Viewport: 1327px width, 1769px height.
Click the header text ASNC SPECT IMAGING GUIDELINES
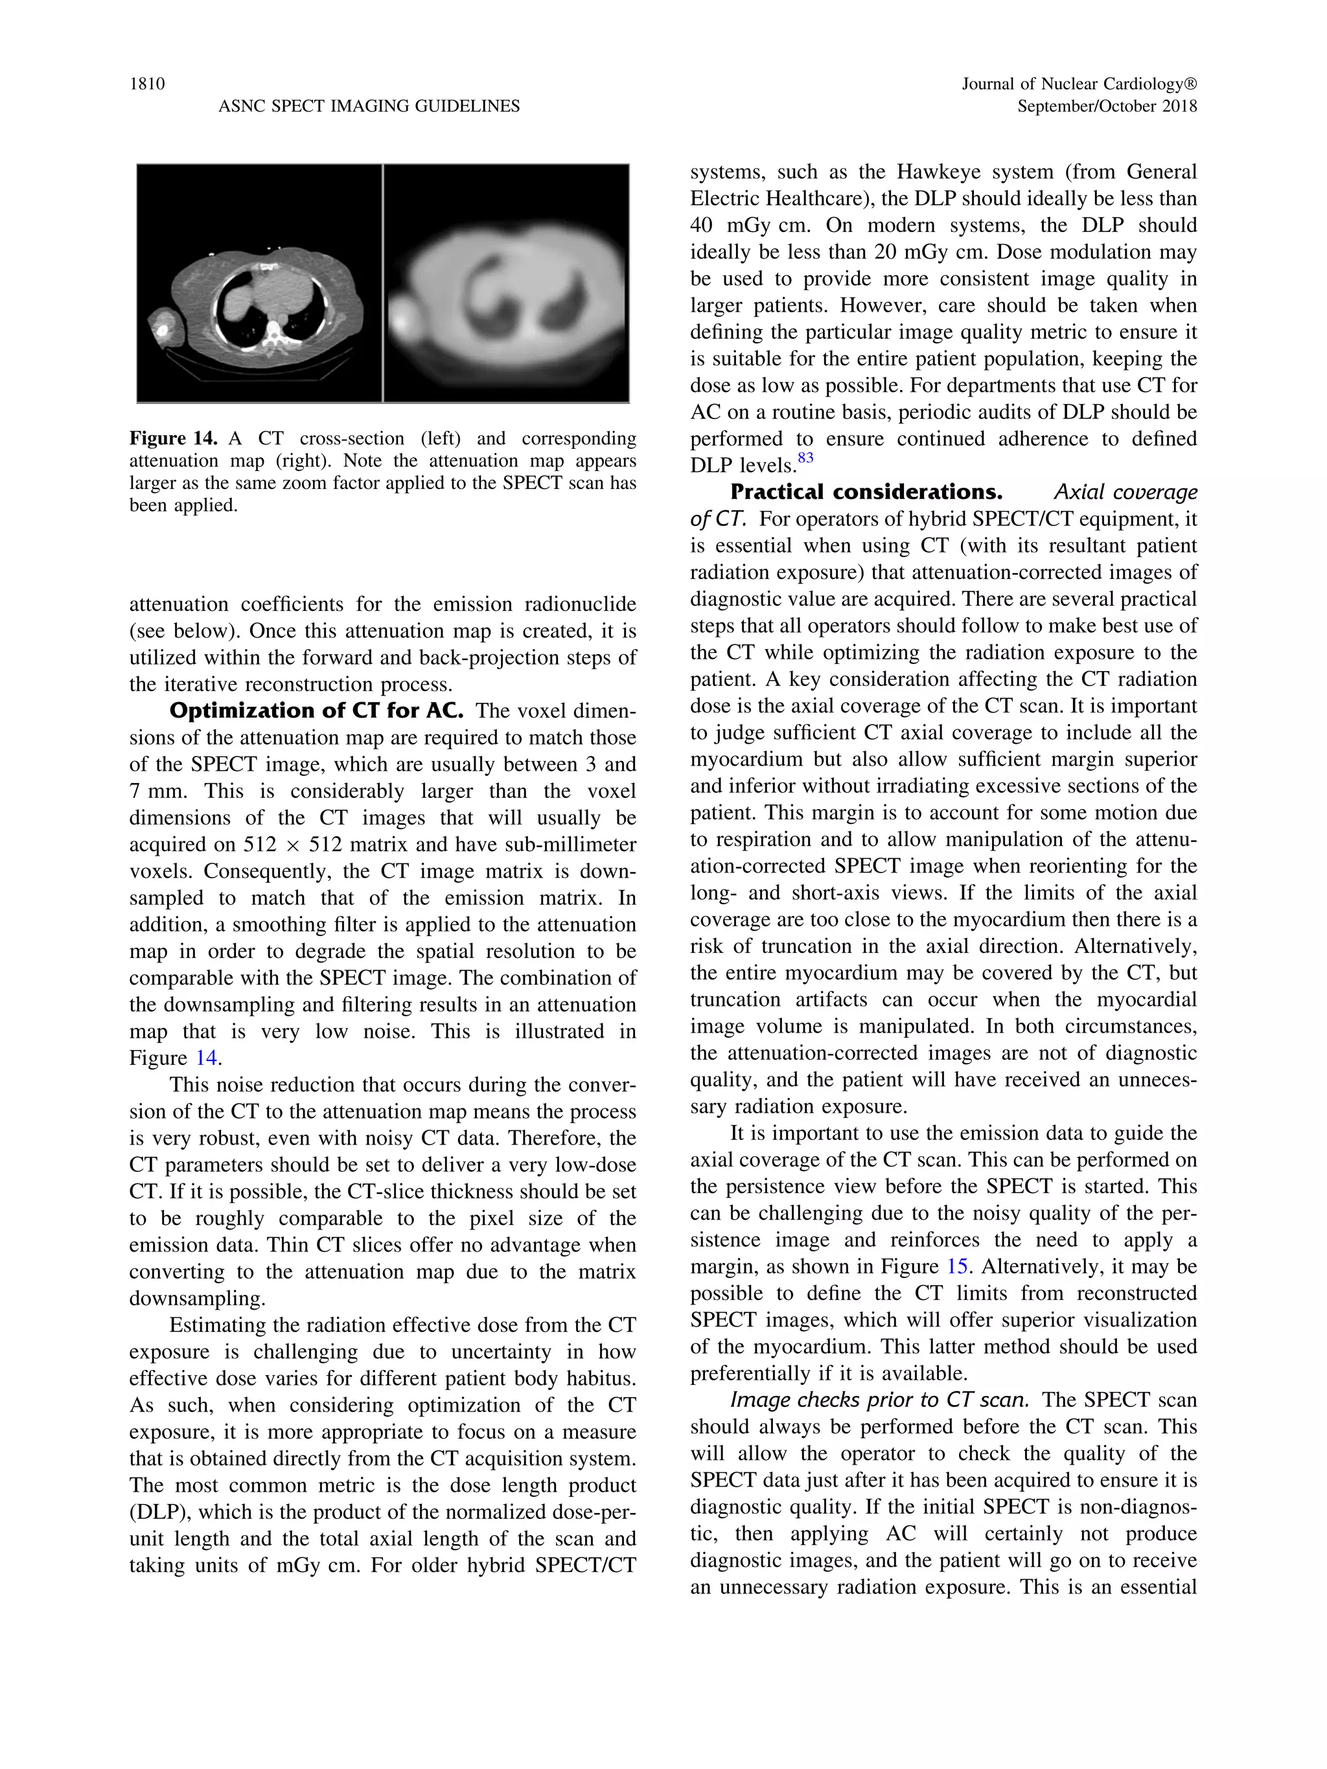pyautogui.click(x=369, y=106)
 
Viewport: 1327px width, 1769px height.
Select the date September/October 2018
pyautogui.click(x=1106, y=106)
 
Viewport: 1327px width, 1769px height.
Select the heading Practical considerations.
pyautogui.click(x=866, y=492)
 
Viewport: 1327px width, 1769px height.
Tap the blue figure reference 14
pyautogui.click(x=206, y=1058)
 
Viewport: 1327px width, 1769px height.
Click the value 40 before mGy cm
pyautogui.click(x=702, y=225)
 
